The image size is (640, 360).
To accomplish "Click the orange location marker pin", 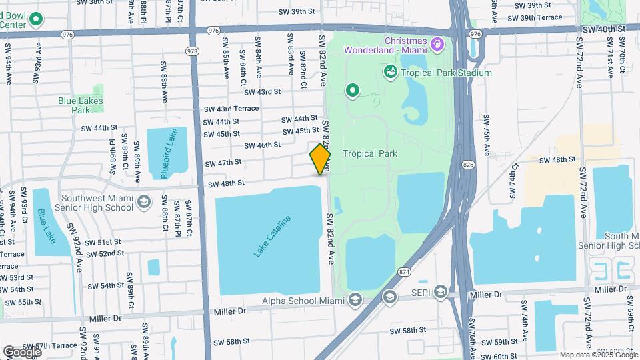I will [320, 159].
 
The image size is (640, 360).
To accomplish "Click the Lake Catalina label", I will [273, 236].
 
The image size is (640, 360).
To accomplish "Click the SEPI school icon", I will [440, 291].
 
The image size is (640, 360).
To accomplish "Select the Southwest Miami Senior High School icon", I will [143, 202].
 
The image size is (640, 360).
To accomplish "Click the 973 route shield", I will [193, 51].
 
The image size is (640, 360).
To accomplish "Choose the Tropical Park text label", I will [370, 153].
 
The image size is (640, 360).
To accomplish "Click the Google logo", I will [23, 351].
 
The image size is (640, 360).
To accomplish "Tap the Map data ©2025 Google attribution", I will [598, 355].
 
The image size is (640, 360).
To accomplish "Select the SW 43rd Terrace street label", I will [231, 109].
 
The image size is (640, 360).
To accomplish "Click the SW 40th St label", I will [603, 29].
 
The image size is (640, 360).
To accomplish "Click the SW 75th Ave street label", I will [487, 135].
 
